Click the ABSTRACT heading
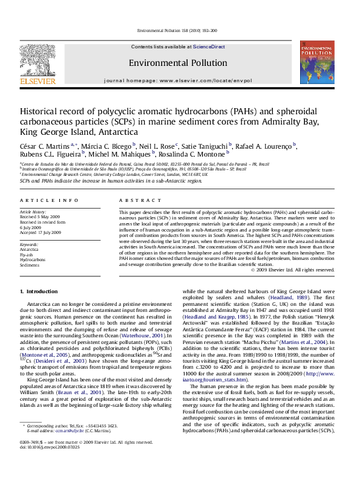pos(133,199)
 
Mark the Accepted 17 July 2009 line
pos(40,232)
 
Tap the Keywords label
pos(29,244)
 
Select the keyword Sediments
pos(30,264)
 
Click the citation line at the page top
pos(180,30)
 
